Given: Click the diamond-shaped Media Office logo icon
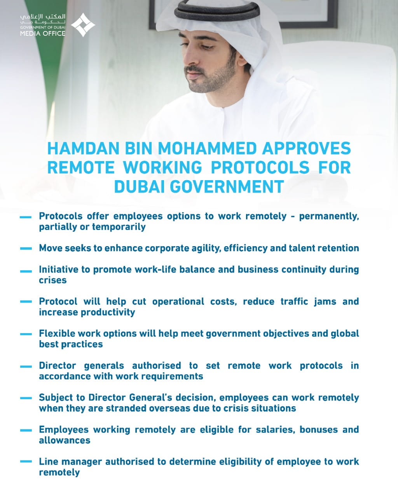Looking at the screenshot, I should tap(82, 24).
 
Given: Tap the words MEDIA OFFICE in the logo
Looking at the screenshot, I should tap(43, 33).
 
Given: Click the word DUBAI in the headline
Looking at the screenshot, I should tap(140, 186).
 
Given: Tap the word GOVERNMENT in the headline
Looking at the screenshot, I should tap(227, 186).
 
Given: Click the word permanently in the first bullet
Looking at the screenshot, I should tap(328, 216).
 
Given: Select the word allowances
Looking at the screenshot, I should tap(65, 440).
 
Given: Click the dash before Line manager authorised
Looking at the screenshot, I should tap(26, 461).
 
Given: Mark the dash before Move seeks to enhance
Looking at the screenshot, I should tap(26, 248).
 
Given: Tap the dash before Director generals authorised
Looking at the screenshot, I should tap(26, 366).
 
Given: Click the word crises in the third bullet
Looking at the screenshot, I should tap(52, 280).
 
